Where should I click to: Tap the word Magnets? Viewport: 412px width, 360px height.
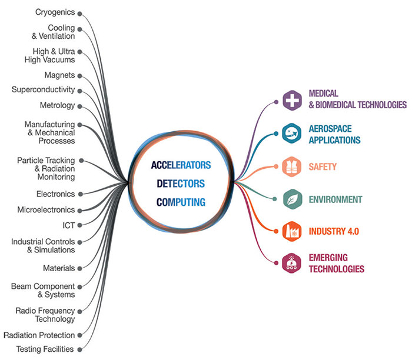coord(59,75)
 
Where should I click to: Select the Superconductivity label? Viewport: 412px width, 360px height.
coord(43,90)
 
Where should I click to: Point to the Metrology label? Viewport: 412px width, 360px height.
coord(58,105)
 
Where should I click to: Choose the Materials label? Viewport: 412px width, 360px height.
coord(59,268)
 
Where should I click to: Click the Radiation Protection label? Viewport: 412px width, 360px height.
coord(39,335)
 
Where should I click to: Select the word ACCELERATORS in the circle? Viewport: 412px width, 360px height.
coord(181,165)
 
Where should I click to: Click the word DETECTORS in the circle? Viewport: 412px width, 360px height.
coord(181,184)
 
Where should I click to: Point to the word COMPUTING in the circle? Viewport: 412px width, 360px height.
coord(181,202)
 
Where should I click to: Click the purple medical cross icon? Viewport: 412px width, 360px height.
coord(291,101)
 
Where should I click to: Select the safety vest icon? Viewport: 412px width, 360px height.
coord(291,167)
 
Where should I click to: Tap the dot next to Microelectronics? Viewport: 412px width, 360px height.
coord(80,209)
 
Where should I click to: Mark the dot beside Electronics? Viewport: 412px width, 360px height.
coord(80,194)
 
